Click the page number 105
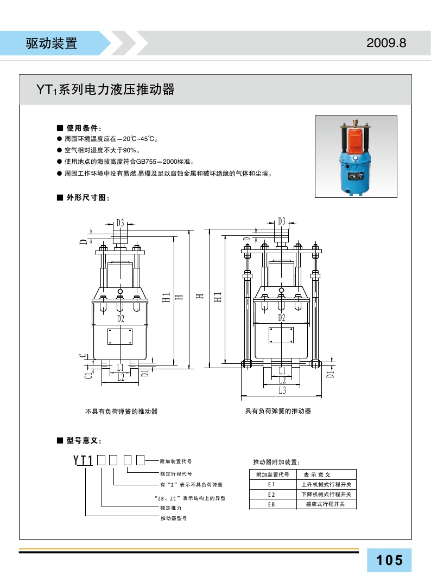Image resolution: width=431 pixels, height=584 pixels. coord(389,560)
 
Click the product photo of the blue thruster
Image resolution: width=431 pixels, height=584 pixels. coord(356,157)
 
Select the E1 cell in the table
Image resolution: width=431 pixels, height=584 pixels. coord(272,484)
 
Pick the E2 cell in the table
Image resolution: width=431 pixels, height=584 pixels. coord(272,495)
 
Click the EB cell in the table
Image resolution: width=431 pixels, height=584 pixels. coord(272,504)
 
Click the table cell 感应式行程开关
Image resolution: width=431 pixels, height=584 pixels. coord(327,504)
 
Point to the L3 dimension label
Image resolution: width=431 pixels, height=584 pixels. coord(282,390)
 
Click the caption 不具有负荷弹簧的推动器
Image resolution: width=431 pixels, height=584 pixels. coord(122,412)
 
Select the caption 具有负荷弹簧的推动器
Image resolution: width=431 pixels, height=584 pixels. coord(278,411)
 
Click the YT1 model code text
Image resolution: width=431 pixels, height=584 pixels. coord(84,461)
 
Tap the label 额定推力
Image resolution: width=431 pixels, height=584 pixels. coord(170,508)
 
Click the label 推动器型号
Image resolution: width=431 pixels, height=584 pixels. coord(173,518)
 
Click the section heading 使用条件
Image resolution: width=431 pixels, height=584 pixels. coord(82,129)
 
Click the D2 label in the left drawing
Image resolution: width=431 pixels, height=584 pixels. coord(121,318)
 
